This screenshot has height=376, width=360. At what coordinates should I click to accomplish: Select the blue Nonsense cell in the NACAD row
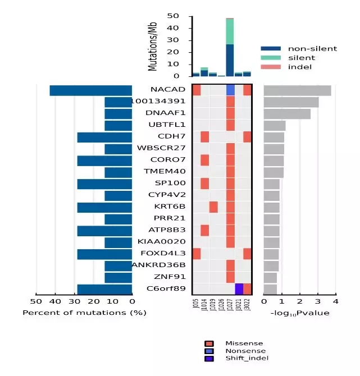[230, 90]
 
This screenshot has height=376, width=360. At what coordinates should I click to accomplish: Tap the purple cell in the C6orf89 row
[239, 288]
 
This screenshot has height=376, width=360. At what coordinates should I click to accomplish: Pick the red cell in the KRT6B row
[213, 207]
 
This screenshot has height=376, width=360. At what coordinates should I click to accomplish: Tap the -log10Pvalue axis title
[299, 313]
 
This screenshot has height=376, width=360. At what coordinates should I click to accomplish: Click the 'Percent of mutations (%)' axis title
[84, 313]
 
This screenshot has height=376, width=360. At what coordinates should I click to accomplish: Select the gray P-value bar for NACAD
[297, 90]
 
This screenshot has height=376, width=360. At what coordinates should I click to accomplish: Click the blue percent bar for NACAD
[90, 90]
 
